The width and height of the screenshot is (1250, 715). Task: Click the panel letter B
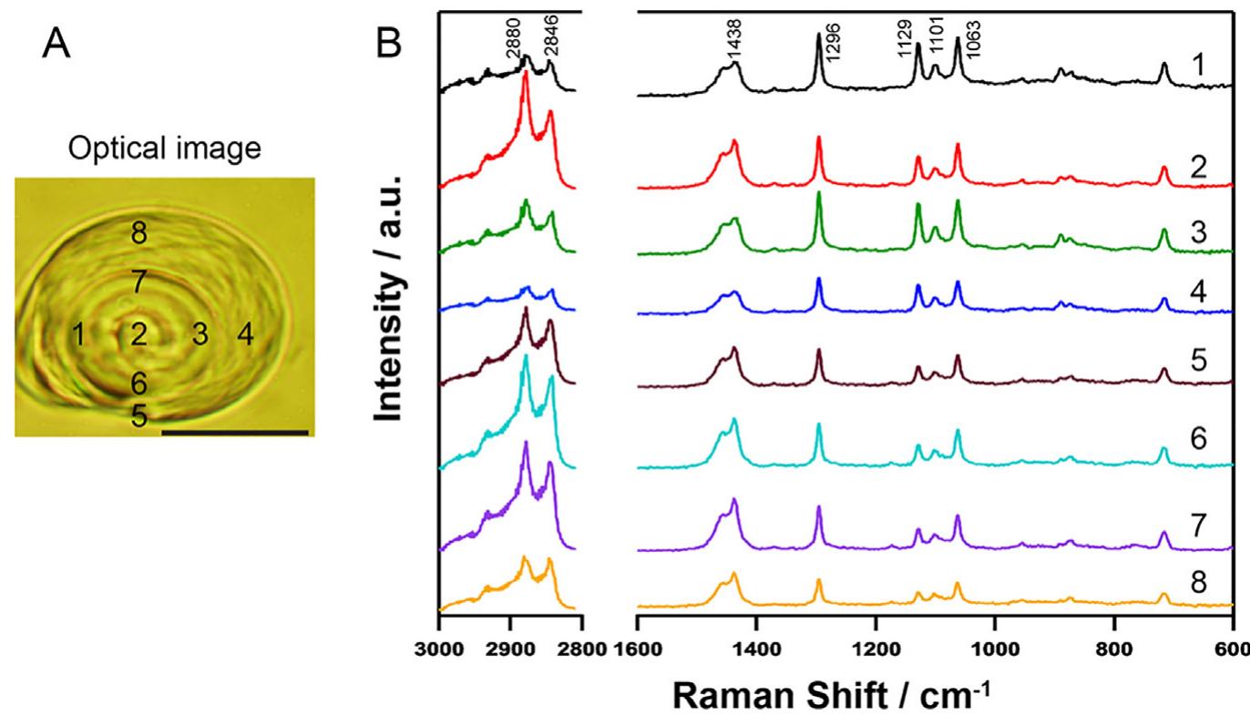pyautogui.click(x=393, y=44)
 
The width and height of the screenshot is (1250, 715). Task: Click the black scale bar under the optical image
pyautogui.click(x=234, y=433)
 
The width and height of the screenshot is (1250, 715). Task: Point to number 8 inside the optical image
pyautogui.click(x=138, y=234)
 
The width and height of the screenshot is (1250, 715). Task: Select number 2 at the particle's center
pyautogui.click(x=138, y=334)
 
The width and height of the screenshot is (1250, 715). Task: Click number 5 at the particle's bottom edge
pyautogui.click(x=138, y=417)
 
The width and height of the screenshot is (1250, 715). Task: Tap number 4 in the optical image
pyautogui.click(x=245, y=335)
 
